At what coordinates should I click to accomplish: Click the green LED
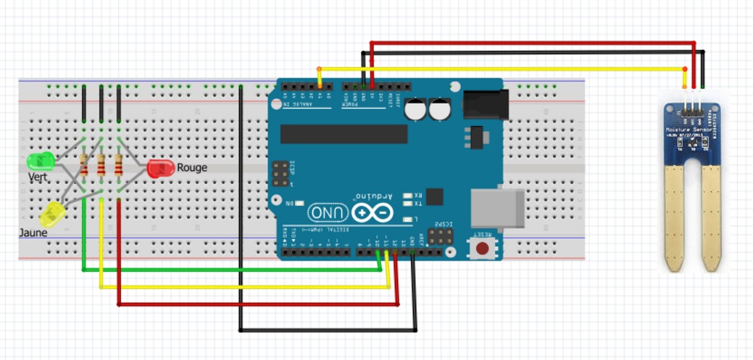click(39, 161)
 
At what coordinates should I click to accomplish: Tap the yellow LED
click(53, 214)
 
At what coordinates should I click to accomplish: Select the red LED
click(160, 169)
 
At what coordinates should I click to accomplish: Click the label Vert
click(39, 177)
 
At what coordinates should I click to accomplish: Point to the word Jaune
click(33, 233)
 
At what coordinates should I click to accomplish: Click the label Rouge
click(192, 167)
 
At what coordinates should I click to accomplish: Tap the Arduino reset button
click(482, 248)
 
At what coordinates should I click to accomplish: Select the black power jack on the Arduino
click(483, 103)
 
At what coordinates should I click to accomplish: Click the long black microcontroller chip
click(344, 134)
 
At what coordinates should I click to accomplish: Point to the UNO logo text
click(328, 212)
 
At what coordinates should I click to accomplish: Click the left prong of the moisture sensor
click(675, 217)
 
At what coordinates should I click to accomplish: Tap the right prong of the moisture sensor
click(712, 217)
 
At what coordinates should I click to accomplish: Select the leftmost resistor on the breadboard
click(84, 165)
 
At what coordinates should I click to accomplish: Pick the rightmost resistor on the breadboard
click(118, 165)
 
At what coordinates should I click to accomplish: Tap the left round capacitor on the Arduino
click(415, 109)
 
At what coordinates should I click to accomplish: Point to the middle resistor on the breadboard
click(101, 165)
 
